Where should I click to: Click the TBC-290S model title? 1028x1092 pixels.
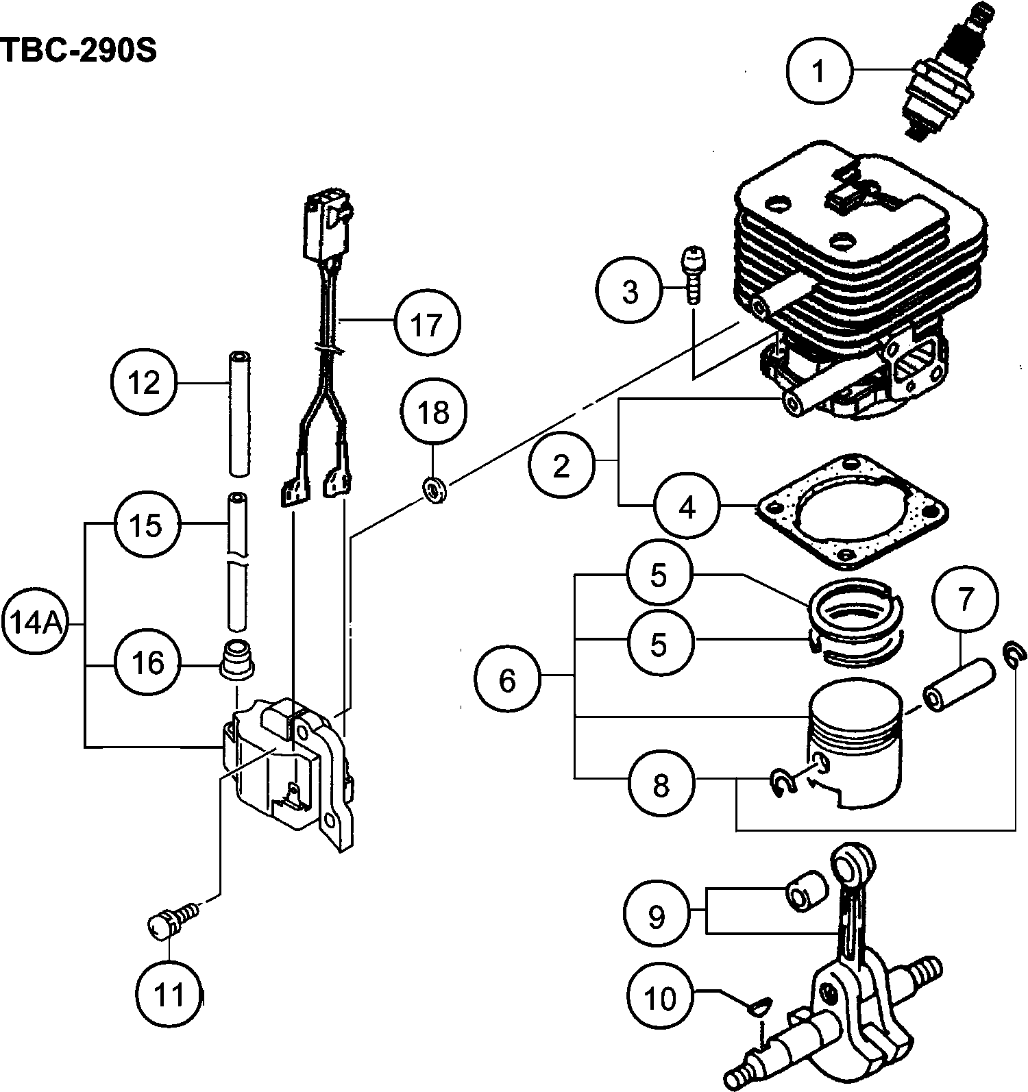[79, 50]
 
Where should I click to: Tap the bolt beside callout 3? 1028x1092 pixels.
[694, 274]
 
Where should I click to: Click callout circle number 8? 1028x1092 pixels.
[661, 784]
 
